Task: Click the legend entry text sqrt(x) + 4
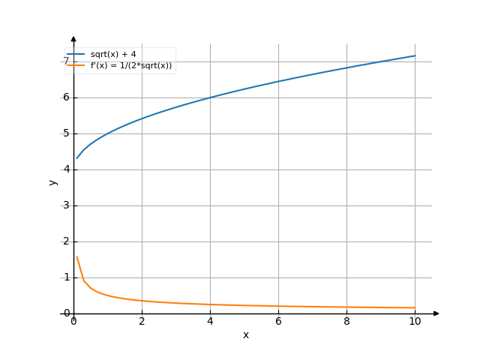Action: click(x=112, y=55)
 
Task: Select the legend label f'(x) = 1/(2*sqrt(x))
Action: click(x=131, y=65)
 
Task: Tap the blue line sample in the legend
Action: click(x=76, y=55)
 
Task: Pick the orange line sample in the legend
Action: click(x=76, y=65)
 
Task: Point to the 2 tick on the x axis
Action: click(x=142, y=321)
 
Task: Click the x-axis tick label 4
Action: click(x=210, y=321)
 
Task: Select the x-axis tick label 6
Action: click(x=278, y=321)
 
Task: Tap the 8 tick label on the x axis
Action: click(x=346, y=321)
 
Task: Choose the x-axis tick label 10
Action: click(x=415, y=321)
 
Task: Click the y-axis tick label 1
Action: click(x=66, y=277)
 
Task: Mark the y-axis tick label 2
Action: click(x=66, y=241)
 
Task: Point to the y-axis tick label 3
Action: click(x=66, y=205)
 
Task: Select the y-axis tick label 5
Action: click(x=66, y=133)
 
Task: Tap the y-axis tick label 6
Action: click(x=66, y=97)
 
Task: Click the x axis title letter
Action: click(x=245, y=334)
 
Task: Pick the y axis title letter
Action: click(x=52, y=181)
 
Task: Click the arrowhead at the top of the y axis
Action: click(x=73, y=38)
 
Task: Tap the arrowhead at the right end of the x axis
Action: click(x=436, y=313)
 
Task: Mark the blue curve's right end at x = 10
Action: click(x=415, y=55)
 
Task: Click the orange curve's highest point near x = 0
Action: click(x=76, y=256)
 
